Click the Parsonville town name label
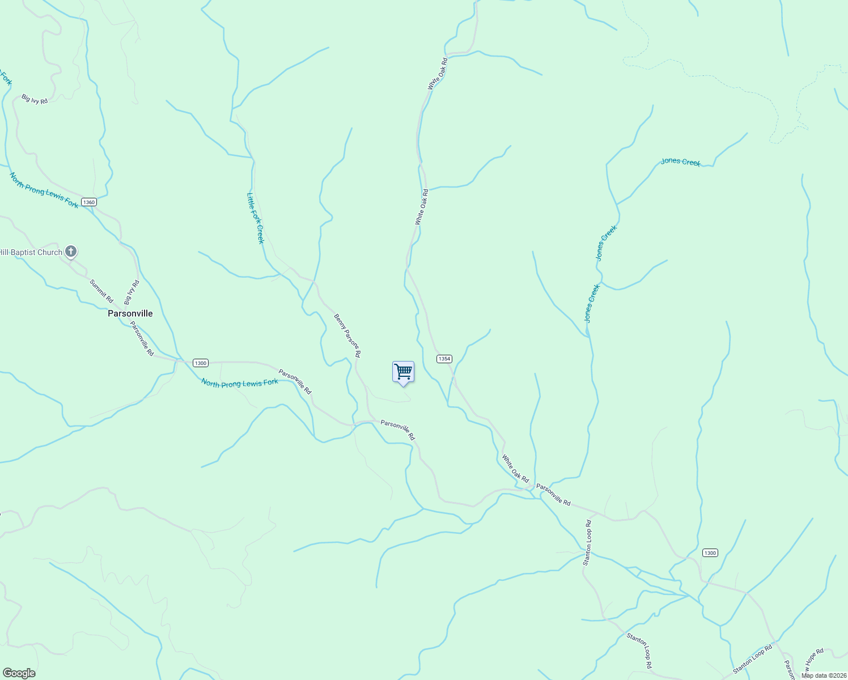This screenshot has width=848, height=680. click(130, 313)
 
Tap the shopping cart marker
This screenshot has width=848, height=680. click(403, 372)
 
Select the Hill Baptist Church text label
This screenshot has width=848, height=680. click(31, 252)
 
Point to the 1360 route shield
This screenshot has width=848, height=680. click(88, 202)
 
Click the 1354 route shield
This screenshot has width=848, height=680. click(444, 359)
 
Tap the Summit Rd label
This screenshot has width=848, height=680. click(101, 291)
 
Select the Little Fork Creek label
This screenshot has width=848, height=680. click(256, 218)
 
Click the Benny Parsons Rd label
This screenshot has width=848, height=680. click(347, 335)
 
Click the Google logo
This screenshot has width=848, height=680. click(18, 673)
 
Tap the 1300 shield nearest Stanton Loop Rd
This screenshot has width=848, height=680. click(710, 552)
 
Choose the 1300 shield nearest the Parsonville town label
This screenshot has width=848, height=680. click(200, 363)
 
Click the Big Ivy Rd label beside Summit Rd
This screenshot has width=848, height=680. click(132, 292)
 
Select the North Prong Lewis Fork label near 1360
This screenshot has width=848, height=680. click(44, 190)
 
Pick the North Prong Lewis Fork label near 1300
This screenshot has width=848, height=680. click(240, 383)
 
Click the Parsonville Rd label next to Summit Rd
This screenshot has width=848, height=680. click(142, 339)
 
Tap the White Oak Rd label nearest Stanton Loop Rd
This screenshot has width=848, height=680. click(515, 468)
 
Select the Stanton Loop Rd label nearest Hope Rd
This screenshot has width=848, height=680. click(752, 656)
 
